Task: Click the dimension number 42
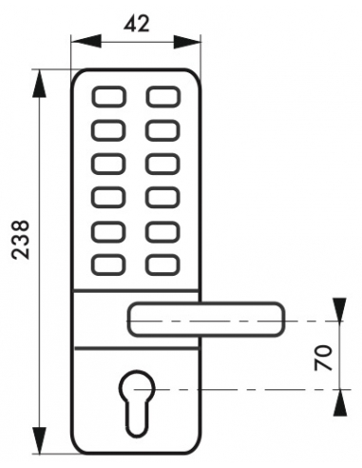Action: pyautogui.click(x=137, y=24)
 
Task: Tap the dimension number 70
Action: pyautogui.click(x=322, y=359)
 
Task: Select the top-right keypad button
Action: pyautogui.click(x=162, y=97)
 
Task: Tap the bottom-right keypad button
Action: pyautogui.click(x=162, y=263)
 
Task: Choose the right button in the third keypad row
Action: pyautogui.click(x=162, y=164)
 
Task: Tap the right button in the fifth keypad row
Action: pyautogui.click(x=162, y=230)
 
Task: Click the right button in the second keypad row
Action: pyautogui.click(x=162, y=130)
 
